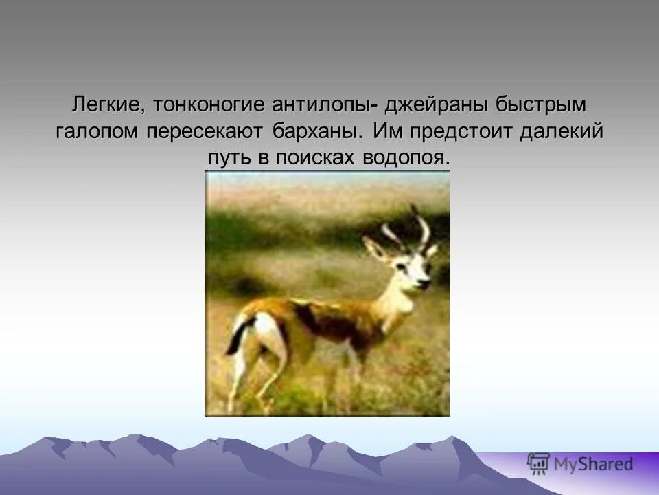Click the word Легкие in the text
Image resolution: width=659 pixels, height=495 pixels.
(106, 106)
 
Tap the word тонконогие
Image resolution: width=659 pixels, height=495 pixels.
(209, 106)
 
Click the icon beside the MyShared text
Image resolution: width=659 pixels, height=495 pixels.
(539, 463)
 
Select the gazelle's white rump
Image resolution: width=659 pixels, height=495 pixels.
(264, 330)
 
